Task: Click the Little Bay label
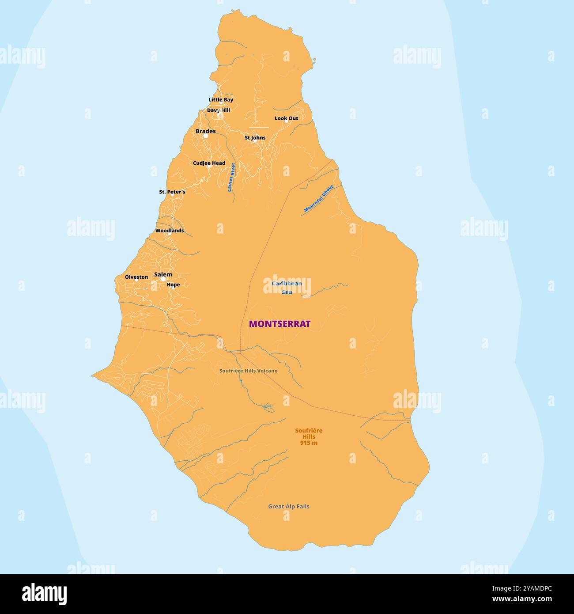coord(221,100)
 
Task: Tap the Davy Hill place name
coord(219,110)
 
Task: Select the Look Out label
coord(286,118)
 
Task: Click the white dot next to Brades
coord(206,136)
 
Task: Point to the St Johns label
coord(255,138)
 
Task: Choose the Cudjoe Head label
coord(209,163)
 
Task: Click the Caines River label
coord(231,177)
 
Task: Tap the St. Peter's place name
coord(172,192)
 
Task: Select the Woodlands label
coord(170,231)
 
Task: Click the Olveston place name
coord(136,277)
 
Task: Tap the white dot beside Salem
coord(163,279)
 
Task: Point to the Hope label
coord(173,285)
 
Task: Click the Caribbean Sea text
coord(287,288)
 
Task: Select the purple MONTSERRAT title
coord(279,324)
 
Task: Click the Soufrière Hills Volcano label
coord(249,371)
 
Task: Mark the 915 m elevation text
coord(309,443)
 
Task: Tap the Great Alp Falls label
coord(289,507)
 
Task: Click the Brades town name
coord(206,131)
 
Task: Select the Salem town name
coord(163,274)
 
